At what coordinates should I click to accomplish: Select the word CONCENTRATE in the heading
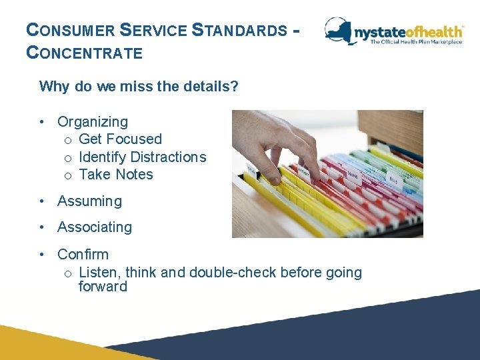pyautogui.click(x=84, y=53)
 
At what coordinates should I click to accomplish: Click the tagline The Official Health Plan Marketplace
pyautogui.click(x=415, y=42)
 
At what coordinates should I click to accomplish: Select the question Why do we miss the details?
pyautogui.click(x=139, y=87)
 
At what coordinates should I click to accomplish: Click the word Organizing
pyautogui.click(x=93, y=122)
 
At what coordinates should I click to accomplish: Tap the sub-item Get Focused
pyautogui.click(x=120, y=139)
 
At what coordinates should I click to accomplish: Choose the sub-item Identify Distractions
pyautogui.click(x=142, y=157)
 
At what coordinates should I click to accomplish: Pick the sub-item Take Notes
pyautogui.click(x=115, y=175)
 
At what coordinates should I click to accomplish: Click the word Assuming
pyautogui.click(x=89, y=201)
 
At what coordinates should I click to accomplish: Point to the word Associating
pyautogui.click(x=95, y=227)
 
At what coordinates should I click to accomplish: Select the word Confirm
pyautogui.click(x=83, y=255)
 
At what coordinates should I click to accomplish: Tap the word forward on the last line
pyautogui.click(x=103, y=287)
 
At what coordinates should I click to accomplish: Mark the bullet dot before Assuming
pyautogui.click(x=42, y=201)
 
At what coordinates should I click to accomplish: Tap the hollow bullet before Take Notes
pyautogui.click(x=68, y=175)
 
